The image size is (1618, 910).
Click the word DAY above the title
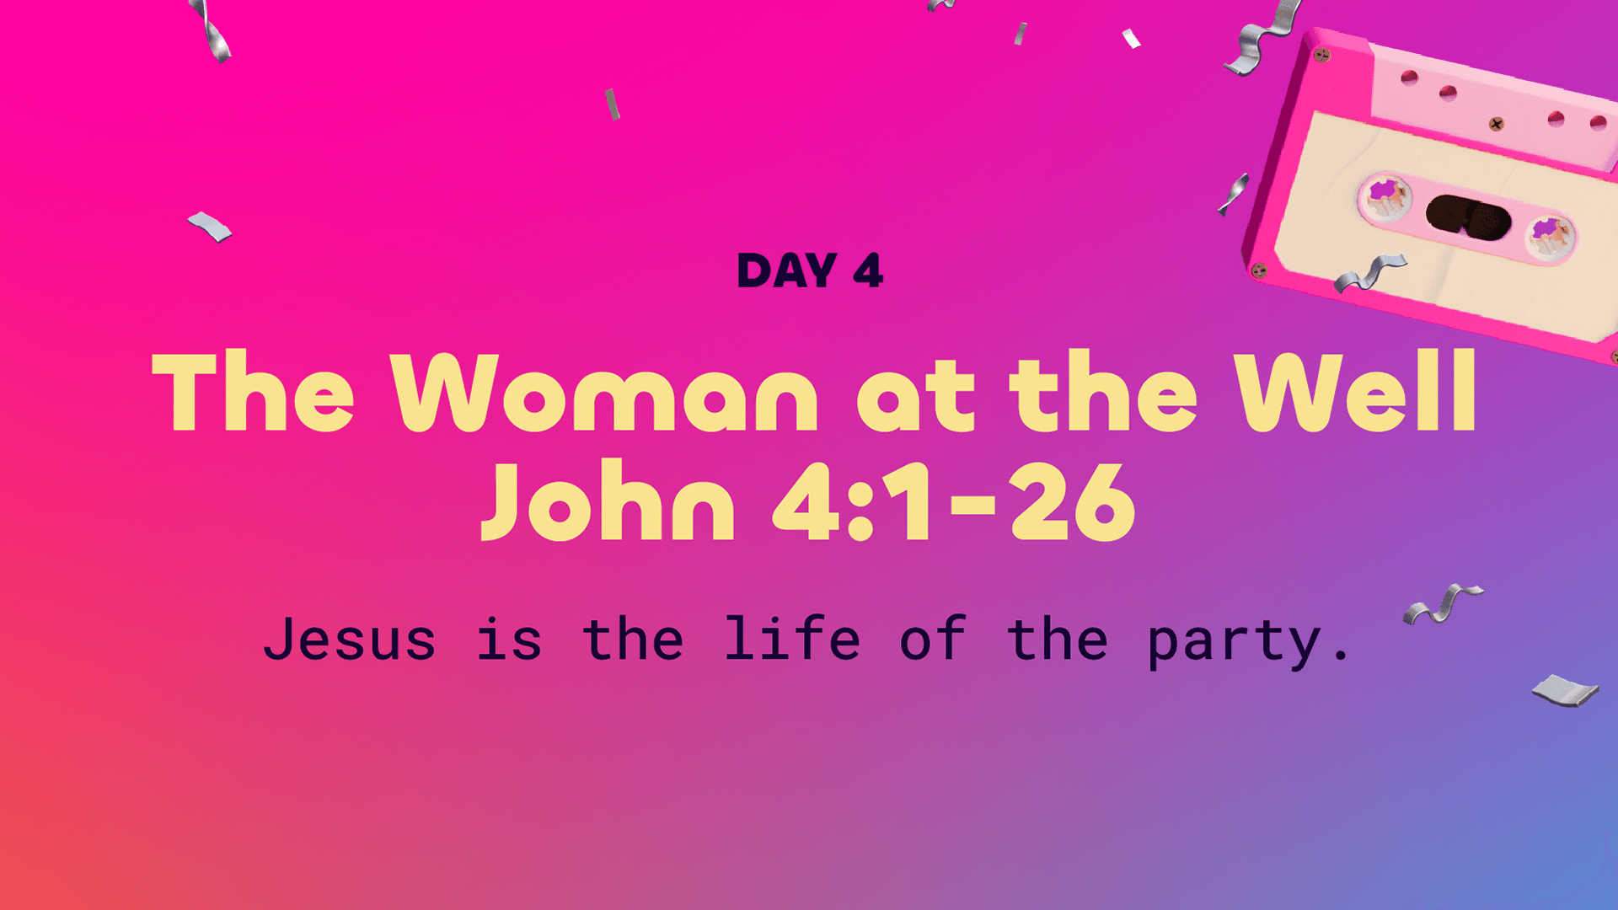click(787, 270)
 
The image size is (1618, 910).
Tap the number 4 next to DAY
click(868, 270)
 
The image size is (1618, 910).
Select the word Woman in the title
click(604, 393)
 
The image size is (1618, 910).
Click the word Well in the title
click(1355, 391)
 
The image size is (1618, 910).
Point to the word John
click(608, 500)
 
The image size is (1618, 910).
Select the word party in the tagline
click(1234, 643)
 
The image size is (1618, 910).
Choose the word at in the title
click(915, 396)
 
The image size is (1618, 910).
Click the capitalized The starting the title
click(253, 391)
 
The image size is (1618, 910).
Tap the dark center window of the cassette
click(1468, 217)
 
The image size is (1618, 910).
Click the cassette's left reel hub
click(1384, 197)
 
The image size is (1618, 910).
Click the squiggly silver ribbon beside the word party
click(1443, 603)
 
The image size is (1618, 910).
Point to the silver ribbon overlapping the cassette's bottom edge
click(1369, 273)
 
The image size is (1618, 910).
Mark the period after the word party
click(1341, 656)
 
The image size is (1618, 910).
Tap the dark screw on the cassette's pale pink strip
click(1496, 125)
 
